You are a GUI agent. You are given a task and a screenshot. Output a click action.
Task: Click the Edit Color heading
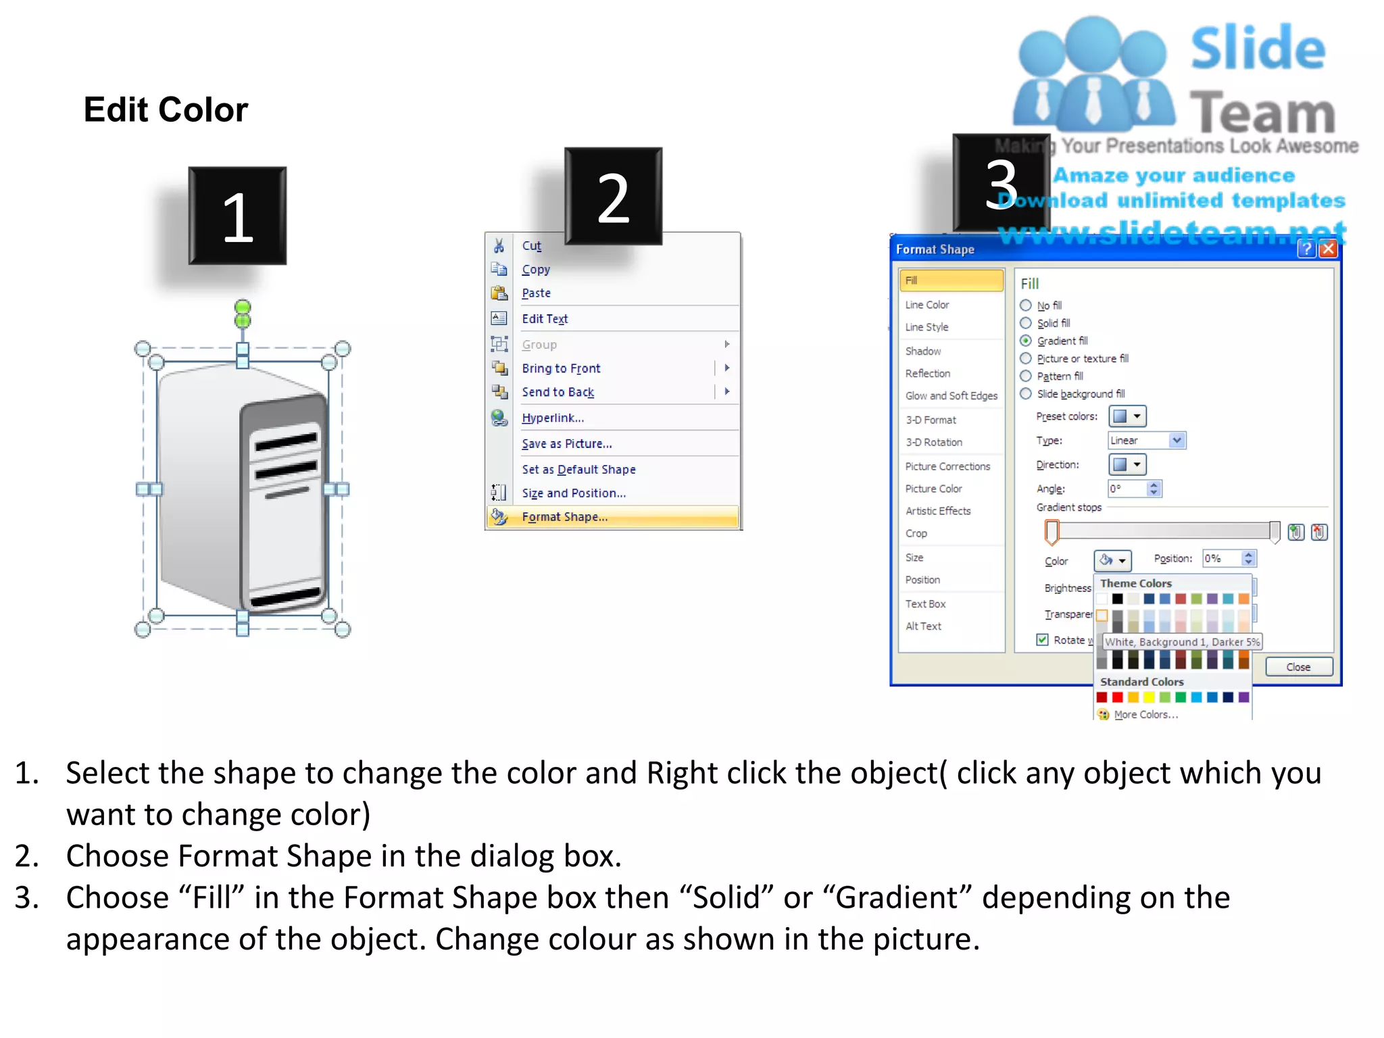click(166, 109)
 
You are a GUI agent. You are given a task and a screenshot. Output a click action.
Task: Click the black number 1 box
click(237, 216)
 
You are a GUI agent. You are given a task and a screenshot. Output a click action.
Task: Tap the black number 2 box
click(613, 197)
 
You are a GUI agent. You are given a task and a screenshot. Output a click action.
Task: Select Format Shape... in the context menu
click(565, 517)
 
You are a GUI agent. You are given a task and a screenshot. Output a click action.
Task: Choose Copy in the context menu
click(536, 270)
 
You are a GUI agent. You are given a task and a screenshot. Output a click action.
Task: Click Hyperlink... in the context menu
click(553, 418)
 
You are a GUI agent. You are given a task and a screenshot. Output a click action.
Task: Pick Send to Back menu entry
click(558, 393)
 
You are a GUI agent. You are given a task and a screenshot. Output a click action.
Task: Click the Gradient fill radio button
click(1026, 341)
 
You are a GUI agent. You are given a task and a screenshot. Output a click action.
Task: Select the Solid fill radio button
click(1026, 323)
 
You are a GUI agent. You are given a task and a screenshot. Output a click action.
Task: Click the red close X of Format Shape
click(1328, 249)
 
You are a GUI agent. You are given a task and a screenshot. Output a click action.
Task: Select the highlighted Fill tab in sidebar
click(951, 280)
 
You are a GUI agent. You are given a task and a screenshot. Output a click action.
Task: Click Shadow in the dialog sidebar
click(923, 351)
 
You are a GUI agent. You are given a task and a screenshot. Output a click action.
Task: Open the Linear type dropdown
click(1177, 441)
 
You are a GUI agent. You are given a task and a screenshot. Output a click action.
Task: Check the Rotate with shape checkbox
click(1043, 639)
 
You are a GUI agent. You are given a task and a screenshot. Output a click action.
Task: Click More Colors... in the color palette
click(1145, 715)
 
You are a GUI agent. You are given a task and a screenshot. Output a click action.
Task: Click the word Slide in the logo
click(1258, 48)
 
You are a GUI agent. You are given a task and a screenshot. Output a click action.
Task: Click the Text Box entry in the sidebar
click(925, 604)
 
